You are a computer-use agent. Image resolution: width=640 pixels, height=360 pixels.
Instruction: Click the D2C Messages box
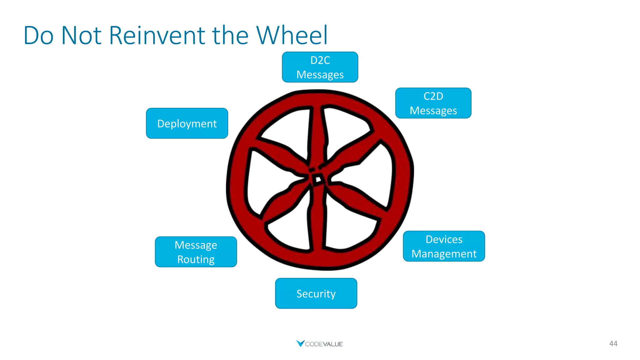[320, 67]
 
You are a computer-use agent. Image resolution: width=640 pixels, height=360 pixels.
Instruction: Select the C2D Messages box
[433, 103]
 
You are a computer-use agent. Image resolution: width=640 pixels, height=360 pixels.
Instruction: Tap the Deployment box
[187, 123]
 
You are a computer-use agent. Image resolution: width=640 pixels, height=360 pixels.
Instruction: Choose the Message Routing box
[196, 252]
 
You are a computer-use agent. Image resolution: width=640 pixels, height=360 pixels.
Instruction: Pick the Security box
[316, 293]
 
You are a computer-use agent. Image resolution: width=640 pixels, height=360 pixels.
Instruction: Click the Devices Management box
[444, 246]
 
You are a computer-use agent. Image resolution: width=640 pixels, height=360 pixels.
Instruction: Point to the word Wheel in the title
[292, 35]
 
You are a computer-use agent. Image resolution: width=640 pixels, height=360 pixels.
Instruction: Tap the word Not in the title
[81, 35]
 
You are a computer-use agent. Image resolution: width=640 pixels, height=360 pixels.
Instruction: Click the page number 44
[613, 344]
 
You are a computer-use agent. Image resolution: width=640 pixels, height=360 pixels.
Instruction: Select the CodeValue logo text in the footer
[324, 344]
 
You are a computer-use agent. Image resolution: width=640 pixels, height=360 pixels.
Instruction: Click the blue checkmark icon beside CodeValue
[300, 343]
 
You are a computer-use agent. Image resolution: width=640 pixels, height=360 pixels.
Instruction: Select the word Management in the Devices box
[444, 254]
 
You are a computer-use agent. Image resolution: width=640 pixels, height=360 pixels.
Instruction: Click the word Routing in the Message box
[196, 259]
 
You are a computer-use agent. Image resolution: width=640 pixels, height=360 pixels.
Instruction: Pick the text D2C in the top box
[320, 60]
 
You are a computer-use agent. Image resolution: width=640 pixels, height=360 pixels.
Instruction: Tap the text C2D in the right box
[433, 96]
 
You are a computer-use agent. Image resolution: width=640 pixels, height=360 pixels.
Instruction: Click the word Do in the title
[38, 35]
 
